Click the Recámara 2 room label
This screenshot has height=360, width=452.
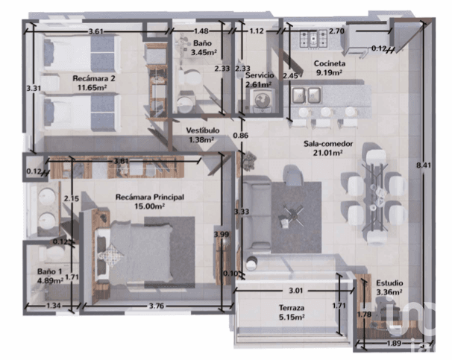(93, 78)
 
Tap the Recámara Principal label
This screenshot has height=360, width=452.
(149, 197)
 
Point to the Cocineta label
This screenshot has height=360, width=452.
(328, 65)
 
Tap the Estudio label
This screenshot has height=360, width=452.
(389, 283)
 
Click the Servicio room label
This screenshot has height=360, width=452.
(260, 76)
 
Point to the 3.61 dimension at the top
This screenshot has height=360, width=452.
(95, 31)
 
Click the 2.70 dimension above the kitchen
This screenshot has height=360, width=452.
(336, 31)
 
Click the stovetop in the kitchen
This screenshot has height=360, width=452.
(310, 37)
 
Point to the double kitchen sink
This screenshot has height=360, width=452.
(306, 95)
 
